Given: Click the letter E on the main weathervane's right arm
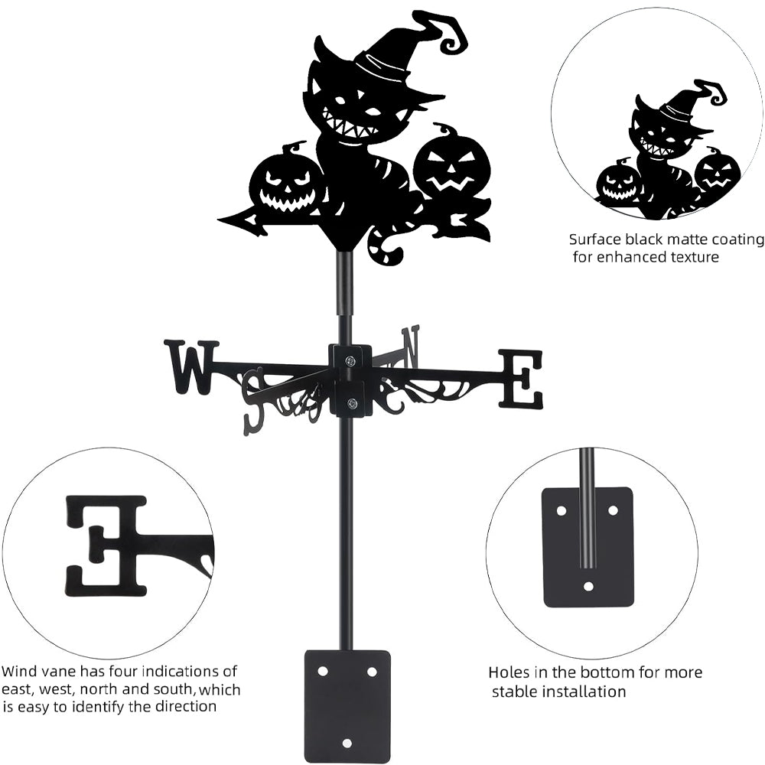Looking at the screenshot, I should point(521,379).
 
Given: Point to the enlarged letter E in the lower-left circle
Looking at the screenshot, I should point(106,545).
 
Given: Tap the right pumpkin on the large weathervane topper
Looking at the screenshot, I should point(451,167).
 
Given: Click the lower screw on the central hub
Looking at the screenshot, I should point(351,404).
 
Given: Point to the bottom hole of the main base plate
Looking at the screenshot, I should point(347,743).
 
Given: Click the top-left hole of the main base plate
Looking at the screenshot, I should point(322,671).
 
